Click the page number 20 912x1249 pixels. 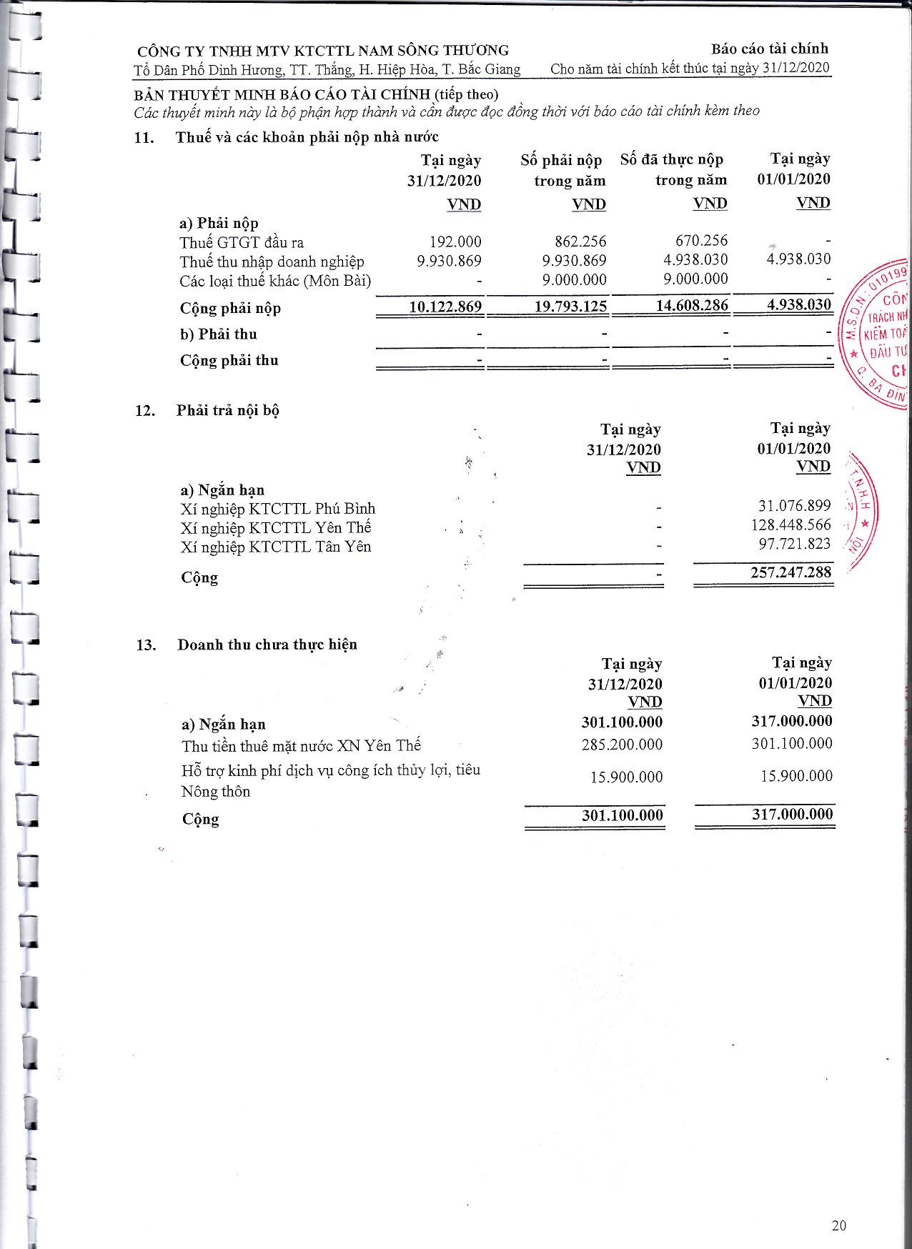[839, 1225]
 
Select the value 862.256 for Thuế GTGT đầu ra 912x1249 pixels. [580, 242]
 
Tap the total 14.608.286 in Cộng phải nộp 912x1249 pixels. [692, 306]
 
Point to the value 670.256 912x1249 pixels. [701, 241]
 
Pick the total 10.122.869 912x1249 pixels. [445, 307]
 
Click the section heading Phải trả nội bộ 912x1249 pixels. [227, 410]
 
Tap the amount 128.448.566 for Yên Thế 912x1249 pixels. [790, 525]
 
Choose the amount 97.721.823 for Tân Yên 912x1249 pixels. [794, 544]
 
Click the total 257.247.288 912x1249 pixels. [790, 572]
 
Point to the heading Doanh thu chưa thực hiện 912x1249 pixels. [267, 645]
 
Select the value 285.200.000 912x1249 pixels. [622, 745]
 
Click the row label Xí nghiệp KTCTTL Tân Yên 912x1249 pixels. [276, 547]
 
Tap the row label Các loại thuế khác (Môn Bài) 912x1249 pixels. [275, 281]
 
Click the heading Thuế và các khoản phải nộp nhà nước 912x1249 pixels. [307, 137]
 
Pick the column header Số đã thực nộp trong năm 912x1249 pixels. [673, 169]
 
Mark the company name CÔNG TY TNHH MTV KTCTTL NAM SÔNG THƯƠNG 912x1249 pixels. [323, 51]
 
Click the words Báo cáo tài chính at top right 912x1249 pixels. [769, 49]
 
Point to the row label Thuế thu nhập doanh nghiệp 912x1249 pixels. [272, 262]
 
